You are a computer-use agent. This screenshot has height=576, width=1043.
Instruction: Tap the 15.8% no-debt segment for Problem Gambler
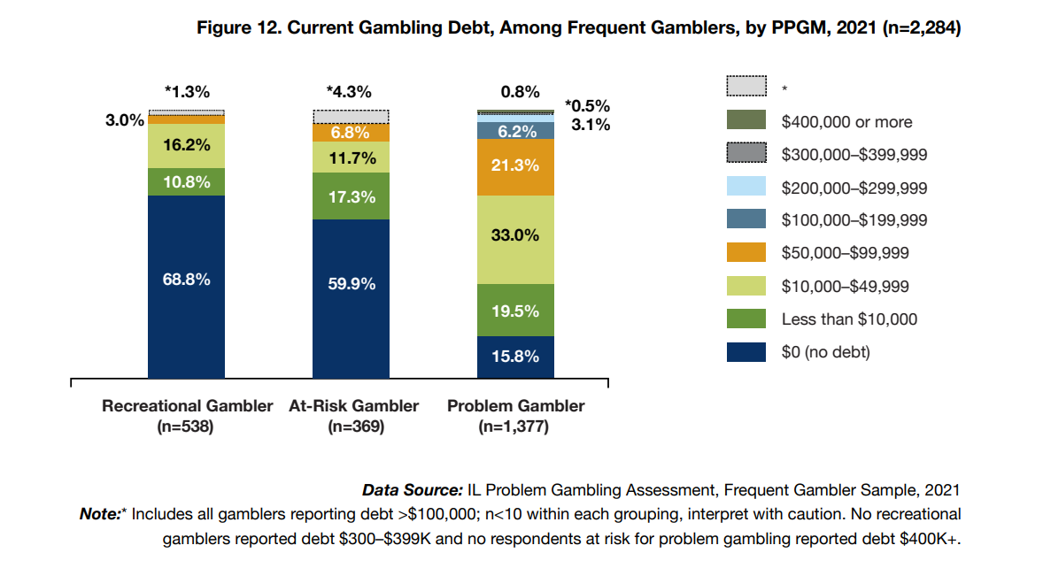tap(515, 357)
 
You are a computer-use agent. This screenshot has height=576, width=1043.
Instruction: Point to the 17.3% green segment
tap(352, 196)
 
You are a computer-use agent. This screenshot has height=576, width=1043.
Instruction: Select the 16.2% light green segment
tap(186, 146)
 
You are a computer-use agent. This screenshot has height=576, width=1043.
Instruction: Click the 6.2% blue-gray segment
tap(515, 131)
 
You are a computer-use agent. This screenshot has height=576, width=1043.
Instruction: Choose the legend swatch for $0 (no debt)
tap(746, 352)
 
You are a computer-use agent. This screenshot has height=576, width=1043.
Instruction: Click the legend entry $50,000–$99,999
tap(845, 253)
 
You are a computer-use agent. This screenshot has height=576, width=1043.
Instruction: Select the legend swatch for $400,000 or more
tap(746, 121)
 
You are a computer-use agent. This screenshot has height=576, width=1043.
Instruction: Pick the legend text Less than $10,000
tap(849, 319)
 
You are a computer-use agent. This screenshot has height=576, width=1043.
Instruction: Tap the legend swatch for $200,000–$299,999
tap(746, 188)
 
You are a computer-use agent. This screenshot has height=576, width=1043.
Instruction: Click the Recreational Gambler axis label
tap(188, 407)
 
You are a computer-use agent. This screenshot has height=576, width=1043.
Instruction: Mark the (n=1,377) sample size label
tap(515, 426)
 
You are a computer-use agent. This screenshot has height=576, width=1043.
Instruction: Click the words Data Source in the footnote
tap(412, 490)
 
